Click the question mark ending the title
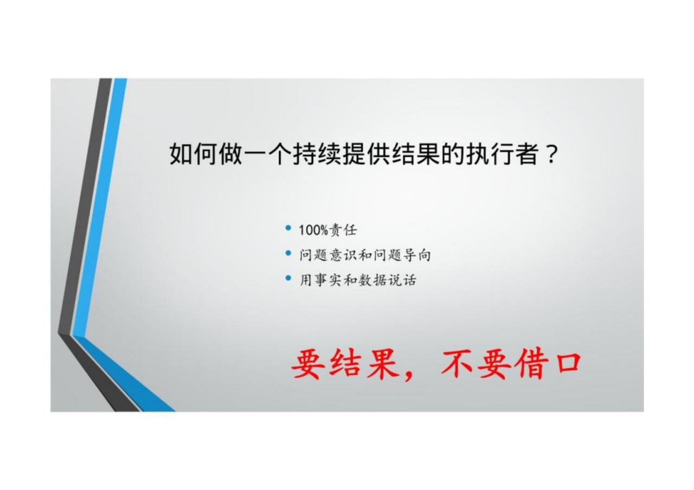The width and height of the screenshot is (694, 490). pos(551,154)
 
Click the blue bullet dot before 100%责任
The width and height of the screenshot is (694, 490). pos(288,228)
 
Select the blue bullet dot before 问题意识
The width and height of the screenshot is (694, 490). pos(288,253)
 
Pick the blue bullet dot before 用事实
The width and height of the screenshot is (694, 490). pos(288,278)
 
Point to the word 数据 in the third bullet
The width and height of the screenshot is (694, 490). pos(372,280)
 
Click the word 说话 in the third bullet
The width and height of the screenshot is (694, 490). pos(402,280)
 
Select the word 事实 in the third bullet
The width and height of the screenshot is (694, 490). pos(329,280)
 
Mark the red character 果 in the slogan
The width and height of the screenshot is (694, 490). pos(383,363)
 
